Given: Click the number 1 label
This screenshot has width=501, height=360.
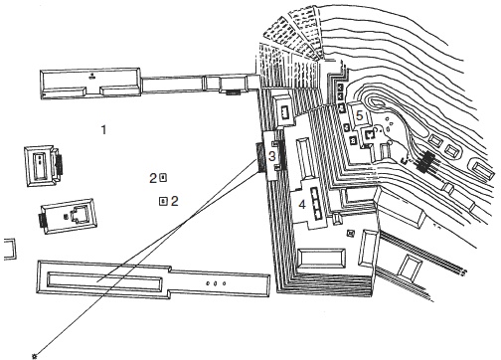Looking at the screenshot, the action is pyautogui.click(x=104, y=129).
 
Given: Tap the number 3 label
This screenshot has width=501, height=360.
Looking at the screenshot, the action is pyautogui.click(x=272, y=156).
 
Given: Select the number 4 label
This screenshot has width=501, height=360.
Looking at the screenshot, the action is pyautogui.click(x=302, y=205).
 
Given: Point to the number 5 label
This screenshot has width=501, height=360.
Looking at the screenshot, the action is pyautogui.click(x=359, y=115).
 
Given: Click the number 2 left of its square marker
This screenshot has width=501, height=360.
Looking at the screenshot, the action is pyautogui.click(x=153, y=178).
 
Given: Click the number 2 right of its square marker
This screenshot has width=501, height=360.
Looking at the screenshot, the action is pyautogui.click(x=175, y=201).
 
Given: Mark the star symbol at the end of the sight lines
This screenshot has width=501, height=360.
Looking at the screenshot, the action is pyautogui.click(x=35, y=356).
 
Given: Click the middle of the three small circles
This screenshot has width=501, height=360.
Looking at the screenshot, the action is pyautogui.click(x=215, y=283).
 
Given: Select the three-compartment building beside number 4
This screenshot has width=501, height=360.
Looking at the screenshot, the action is pyautogui.click(x=317, y=203).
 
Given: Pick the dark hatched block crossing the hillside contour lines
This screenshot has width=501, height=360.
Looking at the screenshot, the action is pyautogui.click(x=426, y=162).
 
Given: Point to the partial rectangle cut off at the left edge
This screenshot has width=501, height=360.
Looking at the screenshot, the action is pyautogui.click(x=10, y=249).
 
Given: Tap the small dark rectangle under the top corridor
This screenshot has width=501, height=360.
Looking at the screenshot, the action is pyautogui.click(x=234, y=92).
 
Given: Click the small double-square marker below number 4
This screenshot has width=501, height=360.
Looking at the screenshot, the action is pyautogui.click(x=351, y=234).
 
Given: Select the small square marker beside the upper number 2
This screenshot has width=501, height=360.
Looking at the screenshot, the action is pyautogui.click(x=163, y=178).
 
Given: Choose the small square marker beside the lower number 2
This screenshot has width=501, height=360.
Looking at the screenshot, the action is pyautogui.click(x=163, y=201).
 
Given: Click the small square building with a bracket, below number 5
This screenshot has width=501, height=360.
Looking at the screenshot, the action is pyautogui.click(x=369, y=134).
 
